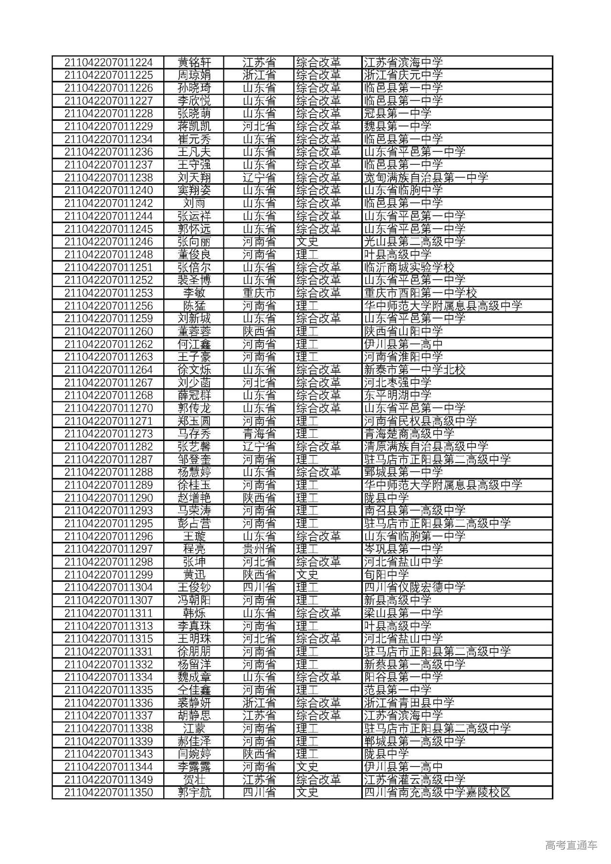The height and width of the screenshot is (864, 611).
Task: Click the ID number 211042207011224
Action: (108, 63)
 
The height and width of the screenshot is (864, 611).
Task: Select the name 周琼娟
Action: (194, 75)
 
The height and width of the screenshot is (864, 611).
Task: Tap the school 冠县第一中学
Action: (397, 114)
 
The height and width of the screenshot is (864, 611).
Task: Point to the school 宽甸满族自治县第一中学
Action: (426, 178)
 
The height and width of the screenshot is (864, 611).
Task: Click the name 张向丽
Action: (194, 242)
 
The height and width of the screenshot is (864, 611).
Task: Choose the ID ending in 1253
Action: (108, 293)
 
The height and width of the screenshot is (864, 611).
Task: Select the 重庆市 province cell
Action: (259, 293)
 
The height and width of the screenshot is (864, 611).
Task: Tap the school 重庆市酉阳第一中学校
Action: (420, 293)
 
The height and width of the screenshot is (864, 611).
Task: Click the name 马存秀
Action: (194, 433)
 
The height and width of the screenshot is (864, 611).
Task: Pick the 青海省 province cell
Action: (259, 433)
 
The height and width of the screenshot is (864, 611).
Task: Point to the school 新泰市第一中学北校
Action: (414, 369)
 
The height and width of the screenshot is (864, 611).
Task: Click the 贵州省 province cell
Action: (259, 549)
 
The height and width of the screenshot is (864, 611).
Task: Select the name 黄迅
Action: (194, 575)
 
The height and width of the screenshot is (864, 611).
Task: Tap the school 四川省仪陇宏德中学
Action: (414, 587)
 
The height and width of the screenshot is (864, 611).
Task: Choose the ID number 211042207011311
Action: (108, 613)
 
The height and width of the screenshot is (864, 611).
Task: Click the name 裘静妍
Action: (194, 703)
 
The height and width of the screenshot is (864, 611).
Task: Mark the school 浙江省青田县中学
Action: (409, 703)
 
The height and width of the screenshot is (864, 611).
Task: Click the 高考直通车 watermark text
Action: (571, 845)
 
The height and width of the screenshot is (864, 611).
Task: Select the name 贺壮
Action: (194, 780)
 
